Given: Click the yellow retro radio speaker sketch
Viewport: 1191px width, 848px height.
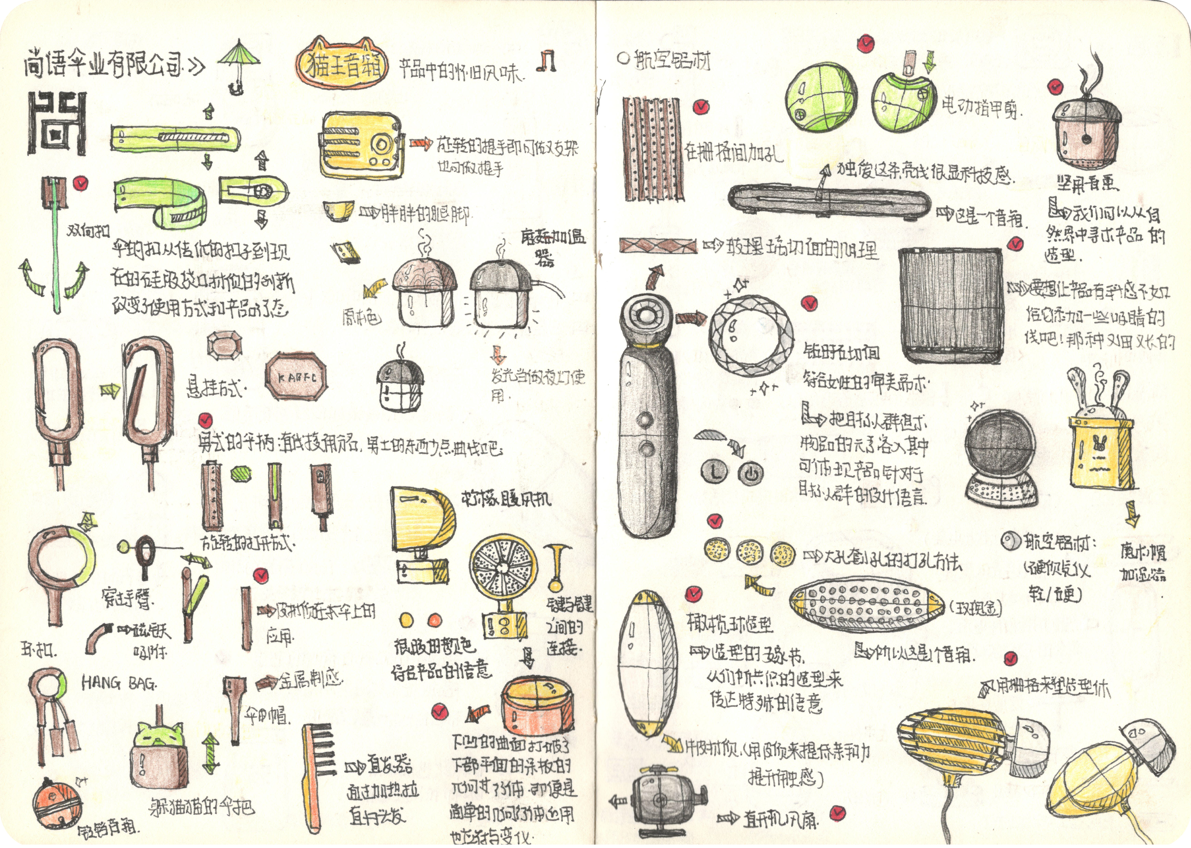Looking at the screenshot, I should point(360,145).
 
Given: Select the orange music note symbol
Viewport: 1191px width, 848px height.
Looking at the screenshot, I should point(547,61).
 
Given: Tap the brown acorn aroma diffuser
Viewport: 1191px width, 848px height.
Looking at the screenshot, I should point(1085,133).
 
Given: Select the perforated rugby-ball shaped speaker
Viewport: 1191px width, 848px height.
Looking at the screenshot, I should point(867,605).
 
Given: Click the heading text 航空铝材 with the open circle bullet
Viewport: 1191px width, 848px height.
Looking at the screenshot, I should point(671,61).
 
